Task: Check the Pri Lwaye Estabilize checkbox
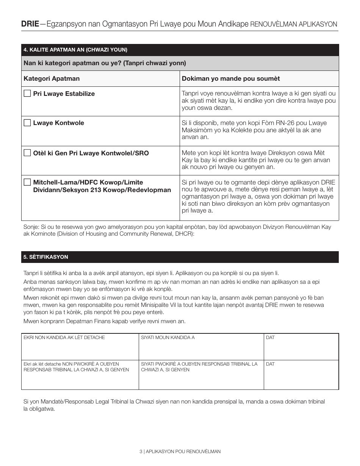point(27,94)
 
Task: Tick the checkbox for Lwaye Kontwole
point(27,123)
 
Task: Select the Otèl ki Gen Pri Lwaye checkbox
point(27,153)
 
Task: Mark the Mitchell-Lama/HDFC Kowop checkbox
point(27,182)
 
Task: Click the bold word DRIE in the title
point(30,24)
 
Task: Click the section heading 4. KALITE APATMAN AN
point(75,50)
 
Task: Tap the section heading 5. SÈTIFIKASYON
point(46,257)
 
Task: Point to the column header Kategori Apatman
point(52,79)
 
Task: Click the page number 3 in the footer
point(141,452)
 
